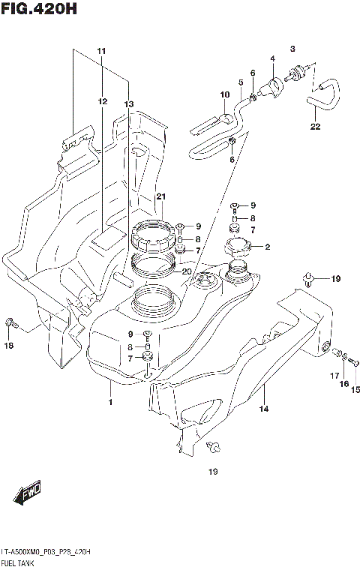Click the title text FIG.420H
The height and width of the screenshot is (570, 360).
click(x=39, y=10)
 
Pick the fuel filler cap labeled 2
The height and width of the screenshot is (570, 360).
click(x=238, y=247)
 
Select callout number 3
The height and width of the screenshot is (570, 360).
click(x=292, y=48)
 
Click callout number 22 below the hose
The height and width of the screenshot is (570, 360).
click(x=315, y=126)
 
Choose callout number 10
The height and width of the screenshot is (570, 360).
click(x=223, y=94)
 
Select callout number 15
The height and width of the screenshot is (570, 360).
click(x=355, y=389)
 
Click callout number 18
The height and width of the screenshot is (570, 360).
click(x=9, y=346)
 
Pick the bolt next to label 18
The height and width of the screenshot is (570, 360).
click(x=10, y=323)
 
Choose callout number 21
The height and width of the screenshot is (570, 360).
click(x=160, y=197)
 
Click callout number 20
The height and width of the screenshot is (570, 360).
click(x=187, y=271)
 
